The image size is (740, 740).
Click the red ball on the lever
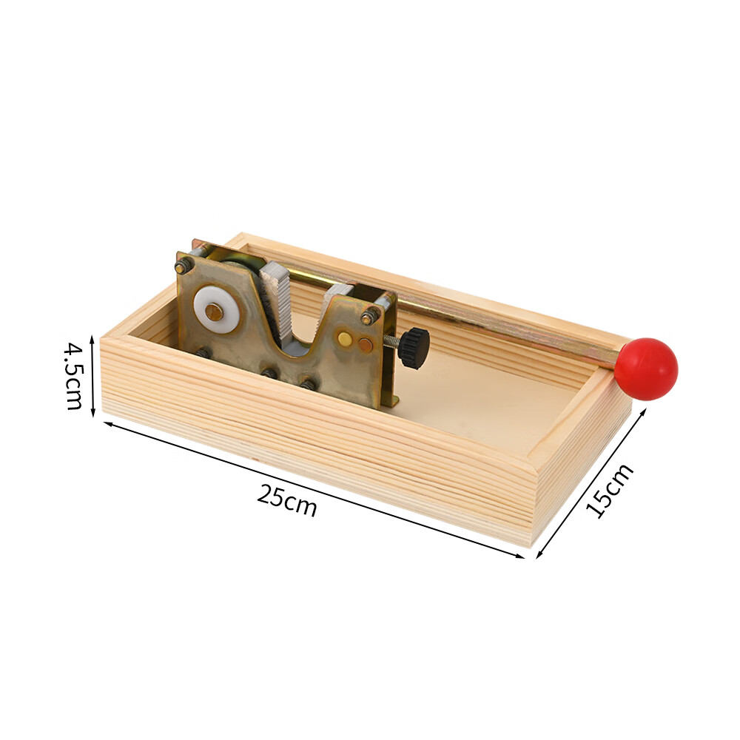click(648, 369)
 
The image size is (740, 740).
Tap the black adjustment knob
click(414, 348)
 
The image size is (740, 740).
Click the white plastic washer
click(216, 309)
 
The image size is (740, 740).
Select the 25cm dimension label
click(286, 500)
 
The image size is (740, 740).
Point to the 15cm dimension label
click(609, 491)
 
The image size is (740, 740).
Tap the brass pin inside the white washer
click(215, 312)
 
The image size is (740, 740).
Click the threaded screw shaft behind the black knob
click(391, 338)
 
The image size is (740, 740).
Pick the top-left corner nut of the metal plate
click(183, 266)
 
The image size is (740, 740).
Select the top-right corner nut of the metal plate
click(369, 317)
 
